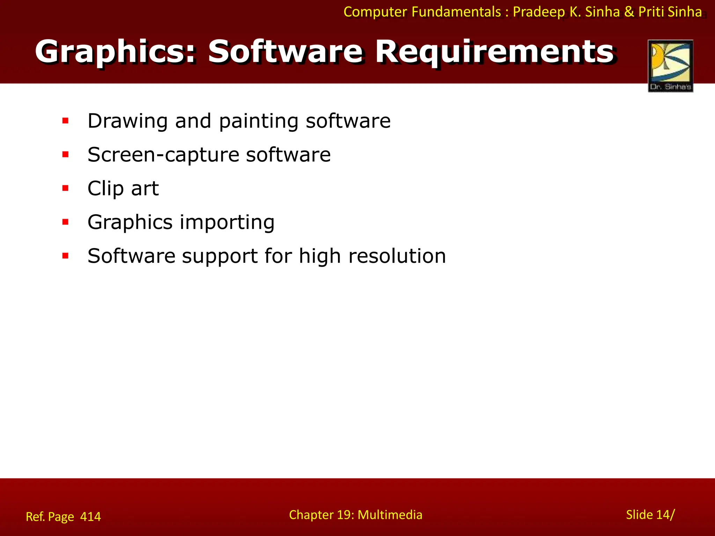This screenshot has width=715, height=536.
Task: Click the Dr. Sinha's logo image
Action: pyautogui.click(x=670, y=66)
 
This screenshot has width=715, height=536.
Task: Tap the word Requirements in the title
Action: pyautogui.click(x=494, y=52)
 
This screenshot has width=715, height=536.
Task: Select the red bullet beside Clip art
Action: pyautogui.click(x=65, y=188)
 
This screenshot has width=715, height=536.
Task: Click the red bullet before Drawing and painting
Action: pyautogui.click(x=65, y=121)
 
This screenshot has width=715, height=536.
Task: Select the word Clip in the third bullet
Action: pyautogui.click(x=105, y=189)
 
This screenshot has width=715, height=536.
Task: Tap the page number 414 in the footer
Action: pyautogui.click(x=90, y=516)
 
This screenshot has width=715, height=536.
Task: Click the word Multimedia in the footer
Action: pyautogui.click(x=390, y=515)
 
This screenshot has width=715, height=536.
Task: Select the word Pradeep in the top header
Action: pyautogui.click(x=539, y=12)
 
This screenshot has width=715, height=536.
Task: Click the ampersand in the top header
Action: pyautogui.click(x=629, y=12)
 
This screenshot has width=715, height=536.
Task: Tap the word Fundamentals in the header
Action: pyautogui.click(x=456, y=12)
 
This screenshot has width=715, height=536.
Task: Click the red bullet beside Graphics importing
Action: pyautogui.click(x=65, y=222)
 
